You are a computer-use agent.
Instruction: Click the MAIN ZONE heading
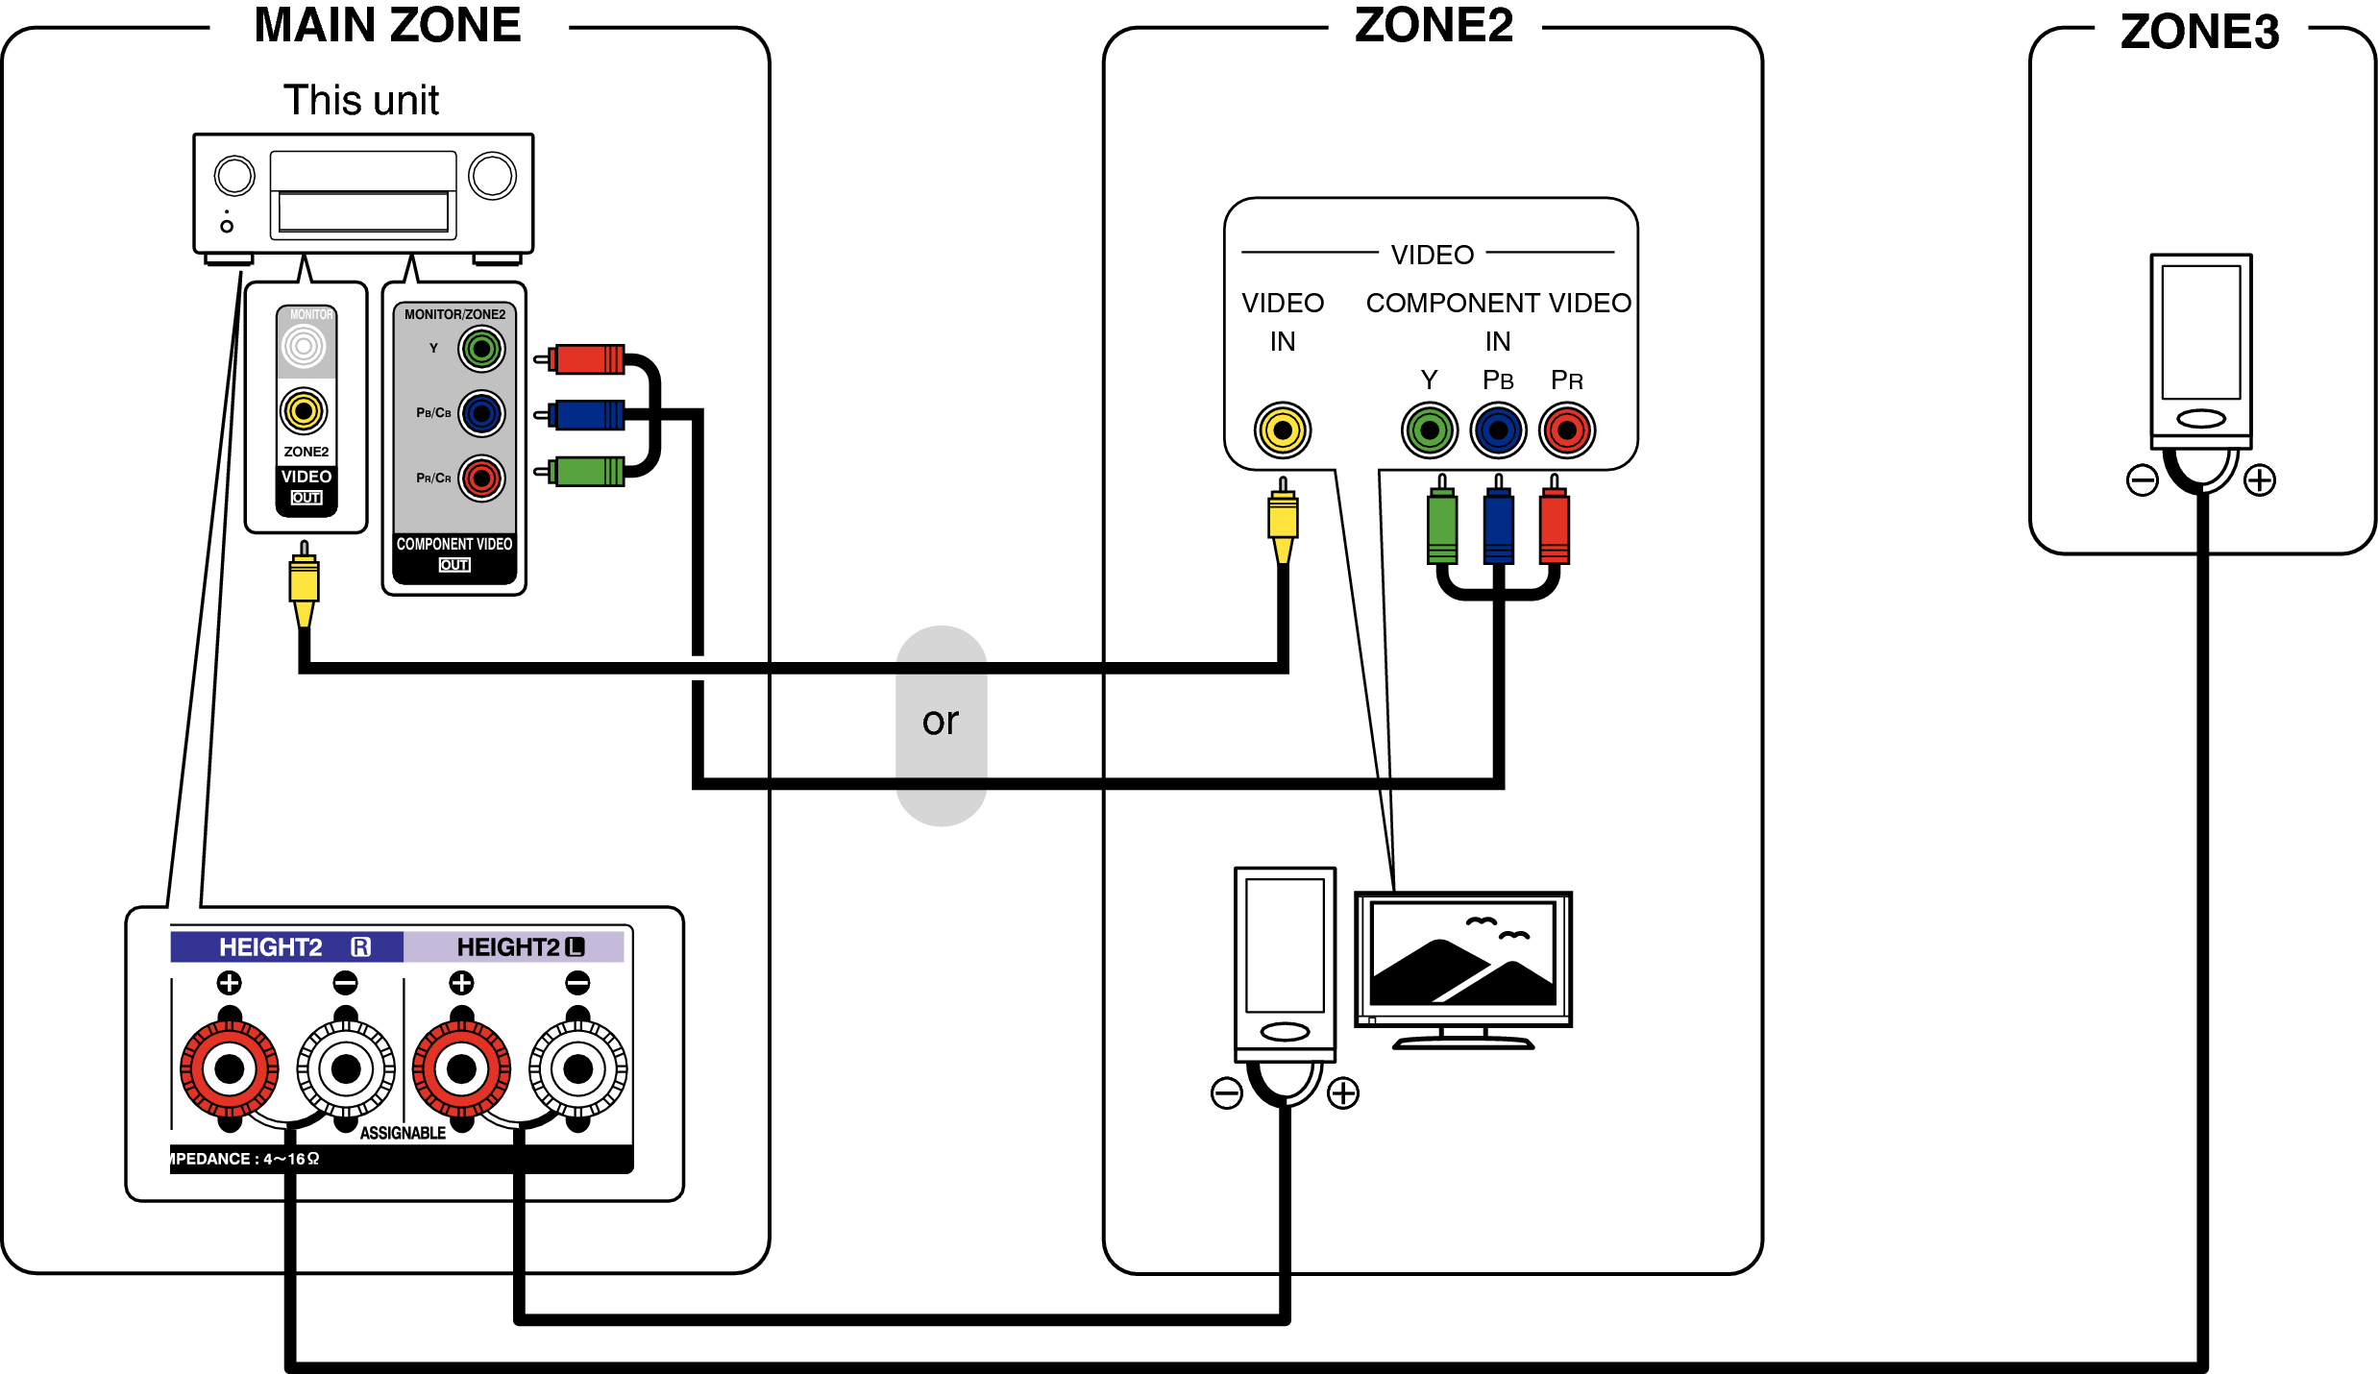pyautogui.click(x=387, y=25)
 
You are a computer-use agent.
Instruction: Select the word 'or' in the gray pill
pyautogui.click(x=941, y=722)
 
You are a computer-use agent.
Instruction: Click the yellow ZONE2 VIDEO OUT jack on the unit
pyautogui.click(x=304, y=411)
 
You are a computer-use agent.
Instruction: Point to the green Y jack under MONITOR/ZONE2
pyautogui.click(x=481, y=349)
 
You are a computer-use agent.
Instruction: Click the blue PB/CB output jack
pyautogui.click(x=481, y=414)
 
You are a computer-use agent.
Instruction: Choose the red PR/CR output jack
pyautogui.click(x=481, y=478)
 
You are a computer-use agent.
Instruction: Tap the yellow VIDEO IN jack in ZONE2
pyautogui.click(x=1282, y=429)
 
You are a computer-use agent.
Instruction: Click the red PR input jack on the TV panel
pyautogui.click(x=1566, y=429)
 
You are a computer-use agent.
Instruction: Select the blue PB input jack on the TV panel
pyautogui.click(x=1498, y=429)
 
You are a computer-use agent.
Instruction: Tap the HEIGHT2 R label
pyautogui.click(x=288, y=947)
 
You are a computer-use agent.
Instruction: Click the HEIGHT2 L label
pyautogui.click(x=519, y=947)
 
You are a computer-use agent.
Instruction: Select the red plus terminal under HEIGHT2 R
pyautogui.click(x=230, y=1068)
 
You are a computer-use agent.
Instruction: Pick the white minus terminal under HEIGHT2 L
pyautogui.click(x=577, y=1068)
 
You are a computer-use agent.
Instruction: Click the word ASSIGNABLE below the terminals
pyautogui.click(x=403, y=1133)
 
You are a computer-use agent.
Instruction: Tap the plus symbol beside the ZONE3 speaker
pyautogui.click(x=2259, y=479)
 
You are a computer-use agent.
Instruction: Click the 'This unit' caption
pyautogui.click(x=361, y=100)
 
